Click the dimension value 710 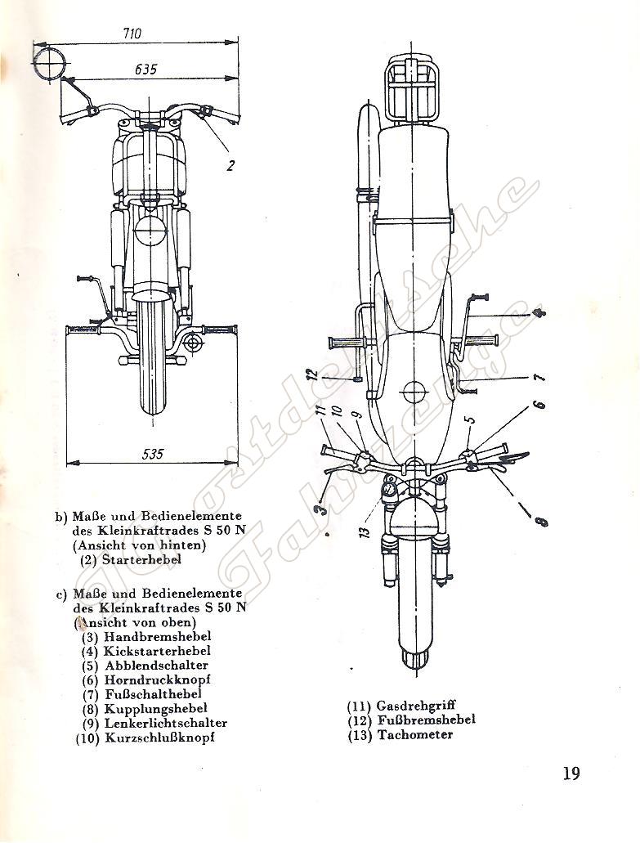pos(132,34)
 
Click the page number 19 pos(571,773)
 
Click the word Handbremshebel pos(158,636)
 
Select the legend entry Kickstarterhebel pos(157,651)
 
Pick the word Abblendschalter pos(156,666)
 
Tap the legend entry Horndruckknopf pos(158,679)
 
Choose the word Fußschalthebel pos(154,694)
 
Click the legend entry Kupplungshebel pos(155,708)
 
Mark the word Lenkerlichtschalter pos(166,723)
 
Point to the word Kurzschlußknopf pos(160,738)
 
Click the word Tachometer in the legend pos(414,734)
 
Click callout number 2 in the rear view pos(231,164)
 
